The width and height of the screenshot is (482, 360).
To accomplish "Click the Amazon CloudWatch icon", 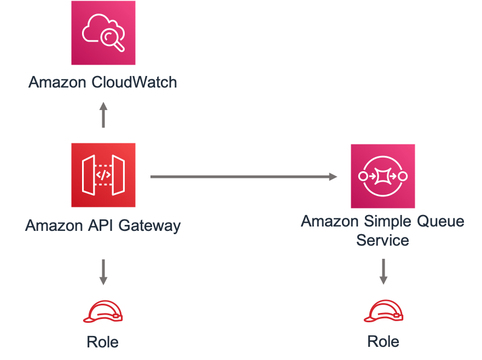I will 103,33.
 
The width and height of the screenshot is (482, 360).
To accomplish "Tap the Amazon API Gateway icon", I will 103,176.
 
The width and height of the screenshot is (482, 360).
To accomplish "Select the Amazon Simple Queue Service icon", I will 382,176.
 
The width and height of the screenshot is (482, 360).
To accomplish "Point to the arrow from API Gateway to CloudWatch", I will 103,114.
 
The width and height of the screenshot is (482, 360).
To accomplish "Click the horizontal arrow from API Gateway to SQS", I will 243,176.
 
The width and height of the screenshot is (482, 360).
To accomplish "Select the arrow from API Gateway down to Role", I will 103,272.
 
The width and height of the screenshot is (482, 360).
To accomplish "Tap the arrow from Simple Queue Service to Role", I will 383,272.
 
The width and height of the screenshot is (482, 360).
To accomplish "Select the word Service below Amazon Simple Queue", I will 382,240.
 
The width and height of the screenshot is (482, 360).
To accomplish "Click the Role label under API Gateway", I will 103,342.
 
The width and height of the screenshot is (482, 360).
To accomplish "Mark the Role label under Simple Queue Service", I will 383,342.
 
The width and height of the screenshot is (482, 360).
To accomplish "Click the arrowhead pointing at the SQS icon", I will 333,176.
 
